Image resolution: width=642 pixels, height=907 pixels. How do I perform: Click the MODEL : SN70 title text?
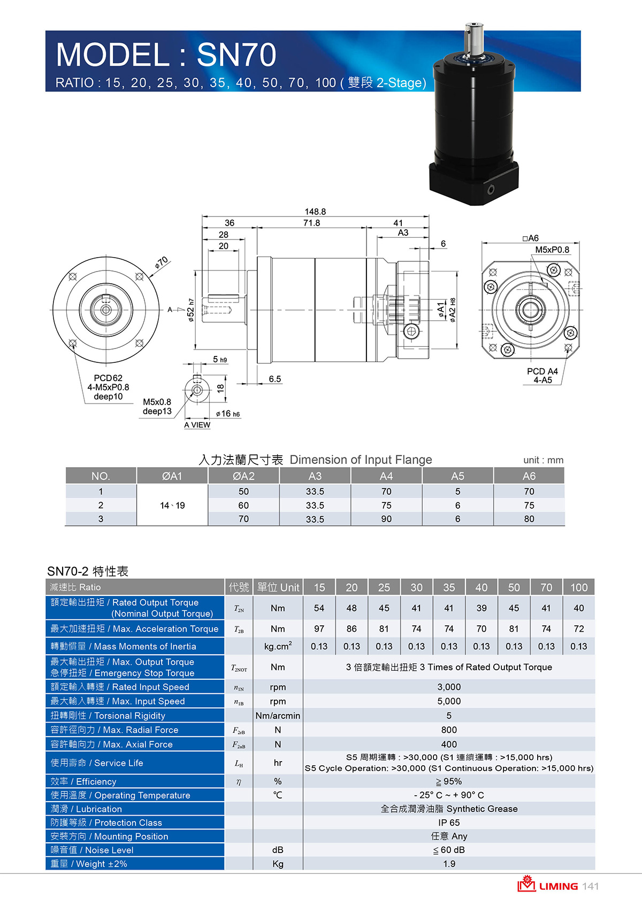(166, 55)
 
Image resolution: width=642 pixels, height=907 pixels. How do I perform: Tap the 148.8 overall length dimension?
(315, 211)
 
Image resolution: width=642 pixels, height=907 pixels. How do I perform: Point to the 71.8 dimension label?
(311, 223)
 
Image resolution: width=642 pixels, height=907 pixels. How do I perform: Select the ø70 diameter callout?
(162, 262)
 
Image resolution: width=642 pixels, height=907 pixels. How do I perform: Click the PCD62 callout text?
(108, 378)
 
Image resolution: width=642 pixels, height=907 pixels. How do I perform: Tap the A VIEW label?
(197, 425)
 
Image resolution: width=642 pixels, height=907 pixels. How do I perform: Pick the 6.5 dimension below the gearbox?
(275, 379)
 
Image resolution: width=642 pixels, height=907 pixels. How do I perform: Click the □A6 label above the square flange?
(531, 238)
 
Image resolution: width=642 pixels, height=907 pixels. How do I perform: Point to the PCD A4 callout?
(542, 371)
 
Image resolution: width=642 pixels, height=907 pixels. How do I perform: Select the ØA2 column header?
(243, 476)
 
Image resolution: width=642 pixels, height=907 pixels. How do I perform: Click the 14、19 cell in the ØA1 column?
(172, 505)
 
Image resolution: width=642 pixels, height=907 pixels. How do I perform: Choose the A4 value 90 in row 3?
(386, 518)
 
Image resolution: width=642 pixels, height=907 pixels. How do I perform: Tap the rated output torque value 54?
(319, 608)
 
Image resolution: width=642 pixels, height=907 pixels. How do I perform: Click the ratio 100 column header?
(579, 587)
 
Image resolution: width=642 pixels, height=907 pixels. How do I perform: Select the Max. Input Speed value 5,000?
(449, 701)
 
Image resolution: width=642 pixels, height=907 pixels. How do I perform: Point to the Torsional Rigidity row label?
(108, 716)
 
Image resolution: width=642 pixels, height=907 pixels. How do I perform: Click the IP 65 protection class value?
(449, 823)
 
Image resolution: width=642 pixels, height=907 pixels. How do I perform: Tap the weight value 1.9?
(449, 864)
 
